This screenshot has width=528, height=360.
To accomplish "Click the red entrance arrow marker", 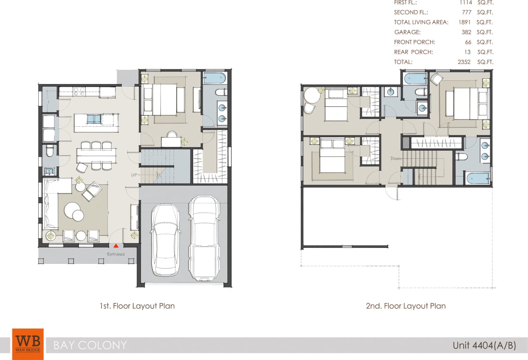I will coord(115,246).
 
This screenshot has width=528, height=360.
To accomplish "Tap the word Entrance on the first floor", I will coord(116,254).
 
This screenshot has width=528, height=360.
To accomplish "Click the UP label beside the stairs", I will coord(134,175).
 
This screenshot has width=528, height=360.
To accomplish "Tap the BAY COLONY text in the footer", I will coord(90,345).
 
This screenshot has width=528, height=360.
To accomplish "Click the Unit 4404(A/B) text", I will coord(484,345).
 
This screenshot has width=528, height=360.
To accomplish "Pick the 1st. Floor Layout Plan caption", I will coord(137,306).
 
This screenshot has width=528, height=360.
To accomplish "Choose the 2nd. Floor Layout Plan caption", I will coord(405,306).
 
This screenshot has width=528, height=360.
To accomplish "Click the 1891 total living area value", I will coord(464,22).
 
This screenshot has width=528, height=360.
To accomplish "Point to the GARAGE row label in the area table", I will coord(407,32).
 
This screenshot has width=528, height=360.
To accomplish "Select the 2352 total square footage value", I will coord(464,62).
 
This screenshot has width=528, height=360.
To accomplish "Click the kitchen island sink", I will coord(94,120).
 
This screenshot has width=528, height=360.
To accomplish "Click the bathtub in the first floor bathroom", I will coord(215,78).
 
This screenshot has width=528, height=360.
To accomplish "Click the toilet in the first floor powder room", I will coord(49,152).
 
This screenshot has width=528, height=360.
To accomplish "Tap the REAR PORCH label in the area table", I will coord(413,52).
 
